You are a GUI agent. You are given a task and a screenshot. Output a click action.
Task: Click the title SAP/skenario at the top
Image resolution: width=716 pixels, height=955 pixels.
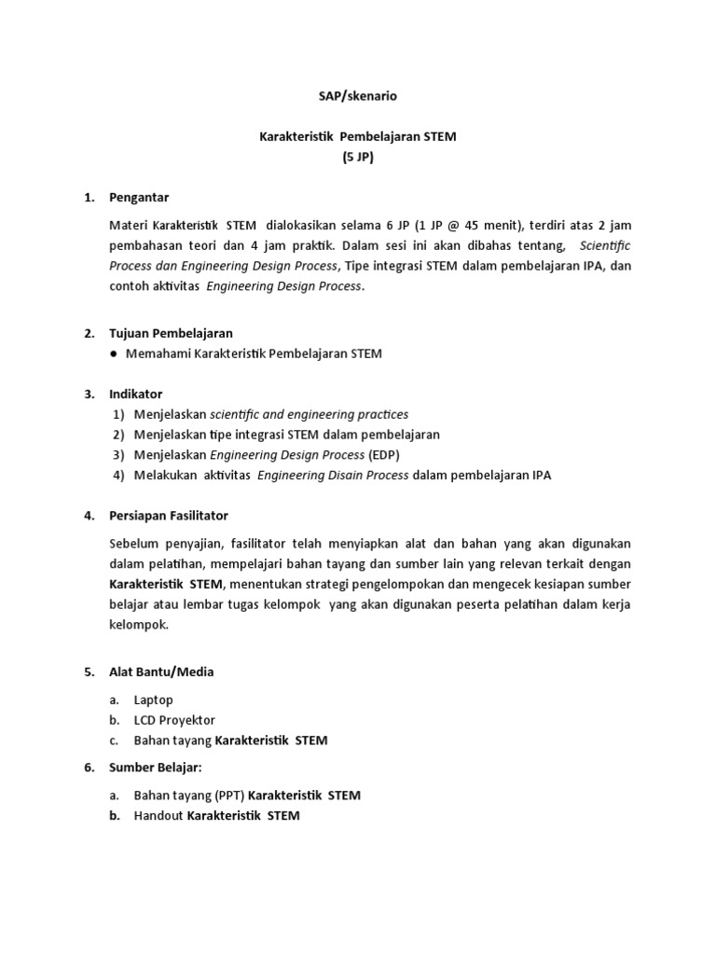pos(357,95)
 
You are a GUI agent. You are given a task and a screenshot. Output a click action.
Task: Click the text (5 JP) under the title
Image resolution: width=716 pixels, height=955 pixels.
pos(357,158)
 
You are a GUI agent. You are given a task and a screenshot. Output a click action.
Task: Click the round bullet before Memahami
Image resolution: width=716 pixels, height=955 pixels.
pos(113,354)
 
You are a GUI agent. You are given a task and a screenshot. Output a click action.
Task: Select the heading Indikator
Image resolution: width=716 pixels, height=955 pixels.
pos(135,394)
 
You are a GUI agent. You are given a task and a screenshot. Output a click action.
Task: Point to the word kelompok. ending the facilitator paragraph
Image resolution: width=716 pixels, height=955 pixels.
pos(139,626)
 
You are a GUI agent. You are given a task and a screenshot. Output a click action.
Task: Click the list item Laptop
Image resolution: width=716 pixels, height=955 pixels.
pos(154,699)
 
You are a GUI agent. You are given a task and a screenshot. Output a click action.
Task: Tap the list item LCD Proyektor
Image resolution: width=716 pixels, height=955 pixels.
pos(174,720)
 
